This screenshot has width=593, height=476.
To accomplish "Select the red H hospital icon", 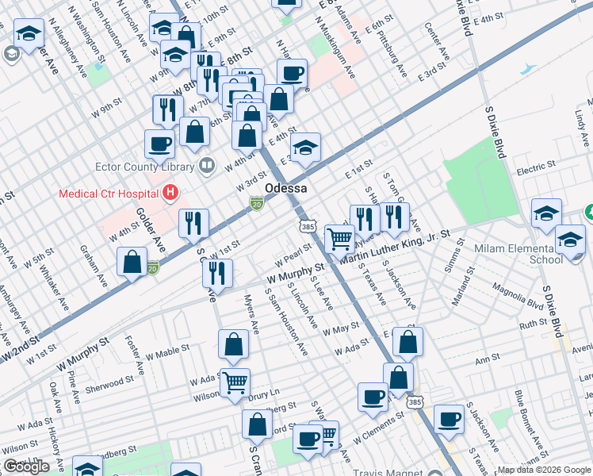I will pyautogui.click(x=168, y=192).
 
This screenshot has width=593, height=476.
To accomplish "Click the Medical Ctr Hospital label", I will pyautogui.click(x=108, y=194).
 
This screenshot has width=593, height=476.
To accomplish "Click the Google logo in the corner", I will pyautogui.click(x=26, y=466).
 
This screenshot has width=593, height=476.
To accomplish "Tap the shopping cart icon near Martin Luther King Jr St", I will pyautogui.click(x=339, y=237).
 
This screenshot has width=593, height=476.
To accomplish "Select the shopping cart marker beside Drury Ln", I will pyautogui.click(x=235, y=383).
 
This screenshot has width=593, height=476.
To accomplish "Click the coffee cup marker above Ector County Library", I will pyautogui.click(x=159, y=144).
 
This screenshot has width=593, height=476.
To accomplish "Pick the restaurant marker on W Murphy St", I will pyautogui.click(x=216, y=273).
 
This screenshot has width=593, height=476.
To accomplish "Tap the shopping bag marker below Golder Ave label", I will pyautogui.click(x=133, y=262).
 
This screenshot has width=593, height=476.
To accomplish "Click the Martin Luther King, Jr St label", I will pyautogui.click(x=395, y=247).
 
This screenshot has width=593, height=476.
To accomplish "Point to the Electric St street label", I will pyautogui.click(x=536, y=167).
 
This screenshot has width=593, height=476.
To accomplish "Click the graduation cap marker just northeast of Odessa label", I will pyautogui.click(x=305, y=148).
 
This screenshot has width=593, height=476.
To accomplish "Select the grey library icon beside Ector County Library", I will pyautogui.click(x=207, y=166).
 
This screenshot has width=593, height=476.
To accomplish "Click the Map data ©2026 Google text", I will pyautogui.click(x=544, y=470).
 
